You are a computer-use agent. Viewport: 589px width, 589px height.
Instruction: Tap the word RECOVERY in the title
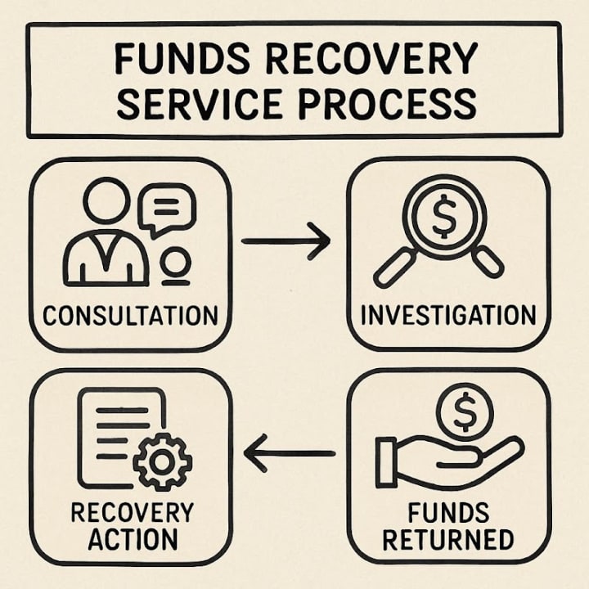pos(364,60)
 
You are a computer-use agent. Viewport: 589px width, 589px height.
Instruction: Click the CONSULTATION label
pos(130,315)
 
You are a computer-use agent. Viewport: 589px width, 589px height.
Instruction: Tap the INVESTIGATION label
pos(448,315)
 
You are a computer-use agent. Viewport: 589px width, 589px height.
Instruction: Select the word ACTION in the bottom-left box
pos(131,538)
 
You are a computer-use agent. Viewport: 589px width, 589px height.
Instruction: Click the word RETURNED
pos(448,539)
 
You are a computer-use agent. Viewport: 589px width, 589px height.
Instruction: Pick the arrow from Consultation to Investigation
pos(286,241)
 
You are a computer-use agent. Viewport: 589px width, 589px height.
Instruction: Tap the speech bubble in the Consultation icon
pos(167,208)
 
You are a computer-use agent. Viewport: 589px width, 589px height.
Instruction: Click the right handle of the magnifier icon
pos(488,261)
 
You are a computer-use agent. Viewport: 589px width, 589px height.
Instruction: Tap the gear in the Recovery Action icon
pos(162,461)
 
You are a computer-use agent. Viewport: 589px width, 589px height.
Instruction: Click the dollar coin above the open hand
pos(463,414)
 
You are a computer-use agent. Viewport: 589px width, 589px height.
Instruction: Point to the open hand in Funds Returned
pos(446,461)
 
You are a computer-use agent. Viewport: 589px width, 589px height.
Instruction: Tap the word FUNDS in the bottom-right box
pos(448,514)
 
